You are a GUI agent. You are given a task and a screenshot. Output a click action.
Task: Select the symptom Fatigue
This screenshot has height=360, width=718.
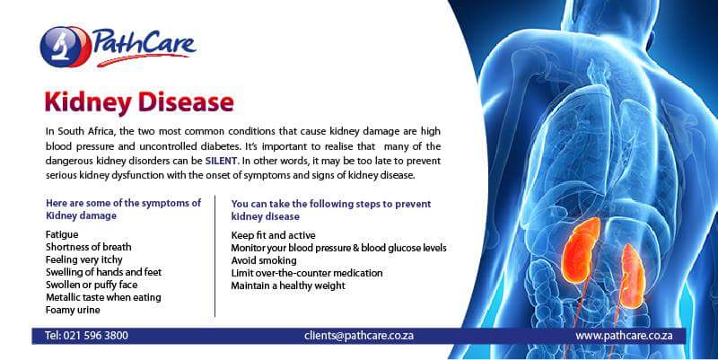pyautogui.click(x=61, y=234)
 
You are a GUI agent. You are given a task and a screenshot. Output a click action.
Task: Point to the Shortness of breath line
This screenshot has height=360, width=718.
pyautogui.click(x=88, y=247)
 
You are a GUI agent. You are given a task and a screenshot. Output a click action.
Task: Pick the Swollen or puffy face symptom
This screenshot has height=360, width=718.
pyautogui.click(x=91, y=285)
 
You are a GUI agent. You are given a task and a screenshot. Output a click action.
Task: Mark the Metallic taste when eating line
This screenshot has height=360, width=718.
pyautogui.click(x=102, y=297)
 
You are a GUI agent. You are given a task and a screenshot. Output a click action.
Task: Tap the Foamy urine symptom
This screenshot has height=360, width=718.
pyautogui.click(x=71, y=310)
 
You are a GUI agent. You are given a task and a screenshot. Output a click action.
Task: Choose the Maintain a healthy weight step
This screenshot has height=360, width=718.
pyautogui.click(x=287, y=285)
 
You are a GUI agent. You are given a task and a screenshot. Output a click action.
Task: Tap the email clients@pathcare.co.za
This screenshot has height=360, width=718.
pyautogui.click(x=358, y=336)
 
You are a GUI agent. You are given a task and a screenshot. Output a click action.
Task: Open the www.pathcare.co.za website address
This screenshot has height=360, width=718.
pyautogui.click(x=630, y=336)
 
